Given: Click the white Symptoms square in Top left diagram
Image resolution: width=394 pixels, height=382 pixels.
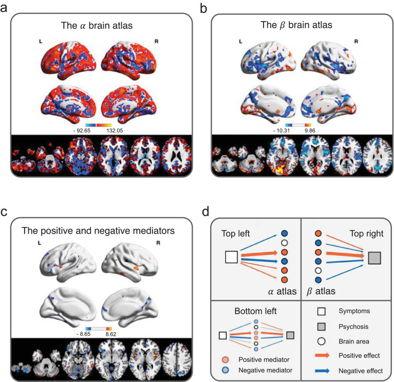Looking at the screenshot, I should [x=231, y=256].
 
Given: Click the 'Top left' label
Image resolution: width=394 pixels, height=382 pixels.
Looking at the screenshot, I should [x=235, y=233].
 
